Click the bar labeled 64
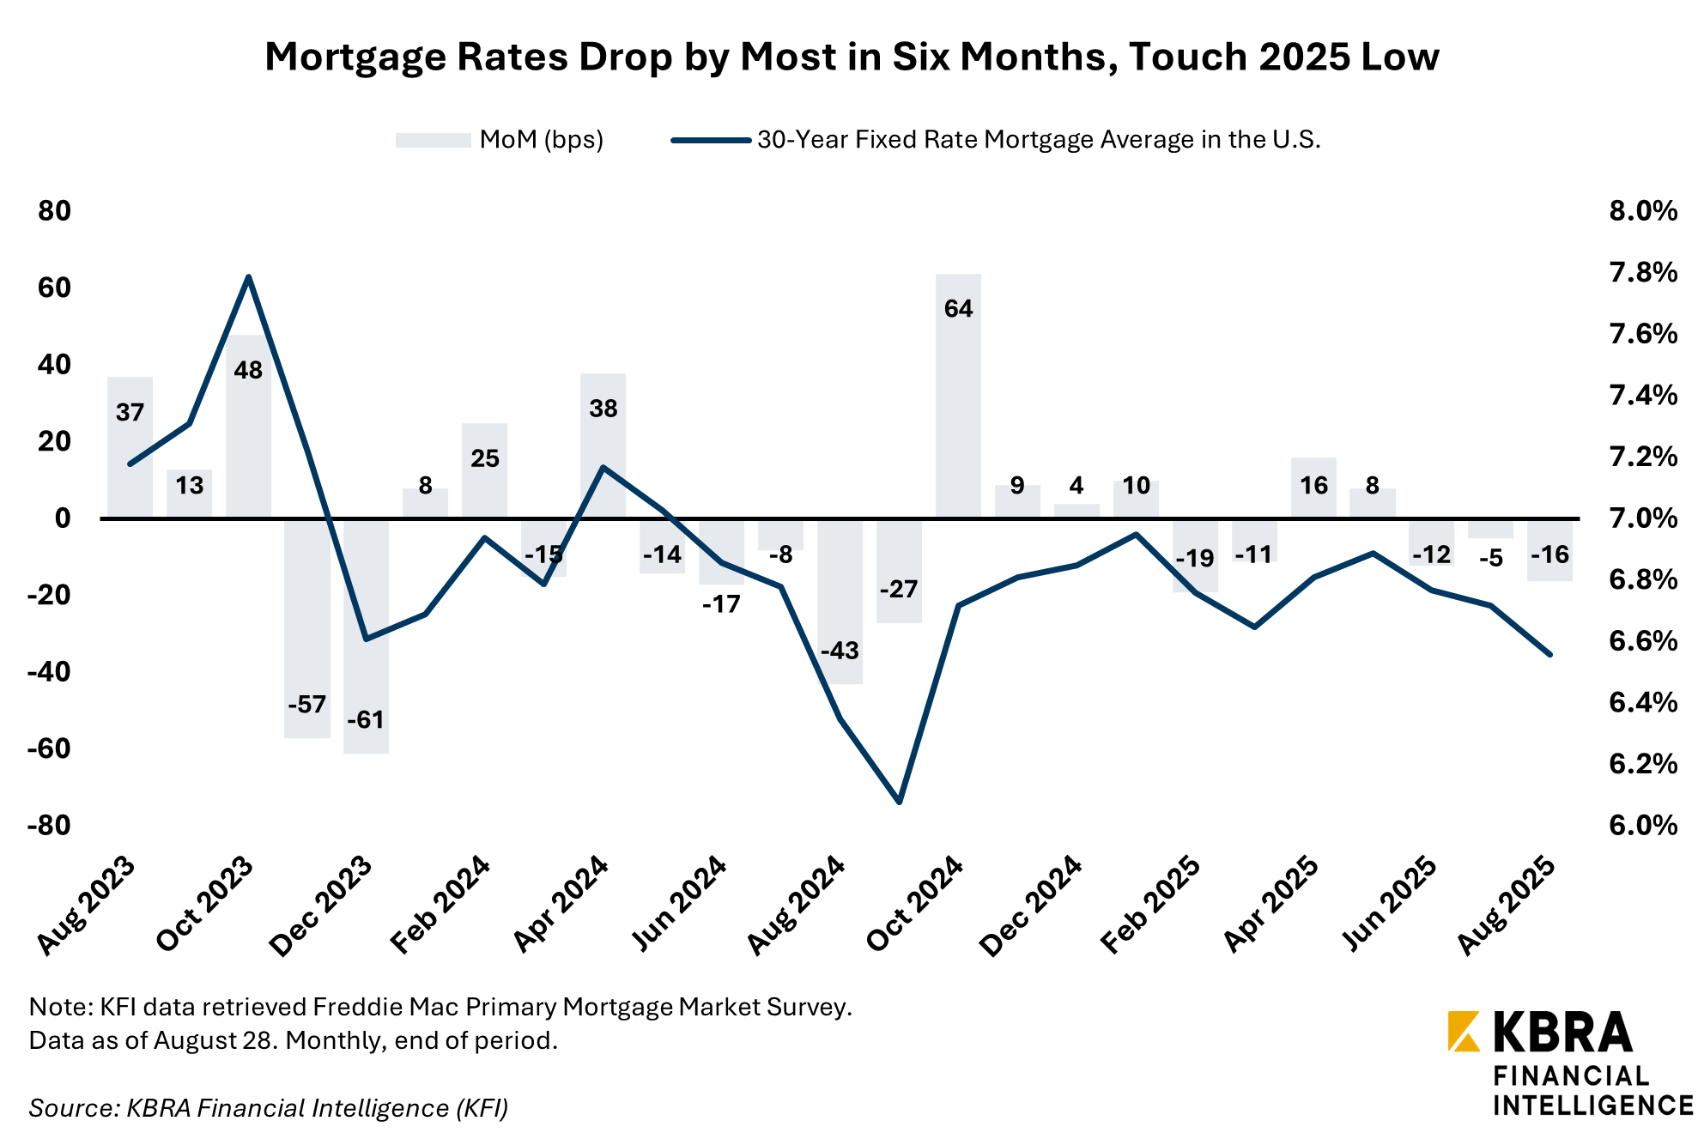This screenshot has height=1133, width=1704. click(x=958, y=395)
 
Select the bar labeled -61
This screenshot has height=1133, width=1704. click(x=367, y=635)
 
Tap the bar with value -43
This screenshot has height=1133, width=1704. click(x=840, y=601)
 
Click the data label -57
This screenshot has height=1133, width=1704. click(x=306, y=705)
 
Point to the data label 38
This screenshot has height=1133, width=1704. click(x=603, y=409)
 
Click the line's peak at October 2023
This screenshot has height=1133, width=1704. click(x=248, y=277)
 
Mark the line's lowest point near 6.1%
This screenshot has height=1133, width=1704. click(x=899, y=803)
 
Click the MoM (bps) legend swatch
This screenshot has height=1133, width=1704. click(x=433, y=140)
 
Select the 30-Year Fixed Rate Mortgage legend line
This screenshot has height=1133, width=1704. click(x=711, y=140)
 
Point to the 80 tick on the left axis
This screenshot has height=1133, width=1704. click(x=54, y=211)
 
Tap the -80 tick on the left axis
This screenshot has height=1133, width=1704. click(x=48, y=826)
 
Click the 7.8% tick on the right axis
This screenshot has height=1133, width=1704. click(x=1642, y=273)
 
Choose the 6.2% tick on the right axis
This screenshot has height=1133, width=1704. click(x=1642, y=764)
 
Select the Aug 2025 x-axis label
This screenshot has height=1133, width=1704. click(x=1506, y=906)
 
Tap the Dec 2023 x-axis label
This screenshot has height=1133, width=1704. click(x=321, y=906)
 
